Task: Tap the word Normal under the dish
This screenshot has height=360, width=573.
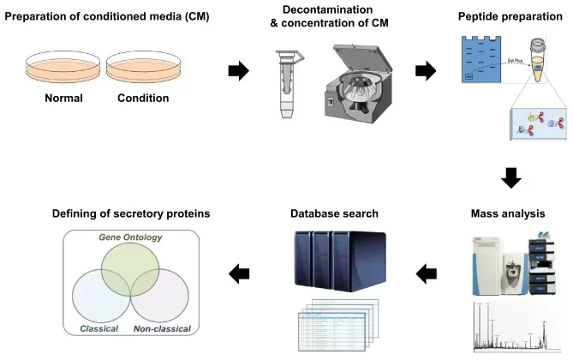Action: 64,98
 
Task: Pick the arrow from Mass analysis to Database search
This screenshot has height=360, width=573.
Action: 426,274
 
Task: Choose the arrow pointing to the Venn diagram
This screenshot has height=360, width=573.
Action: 239,274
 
